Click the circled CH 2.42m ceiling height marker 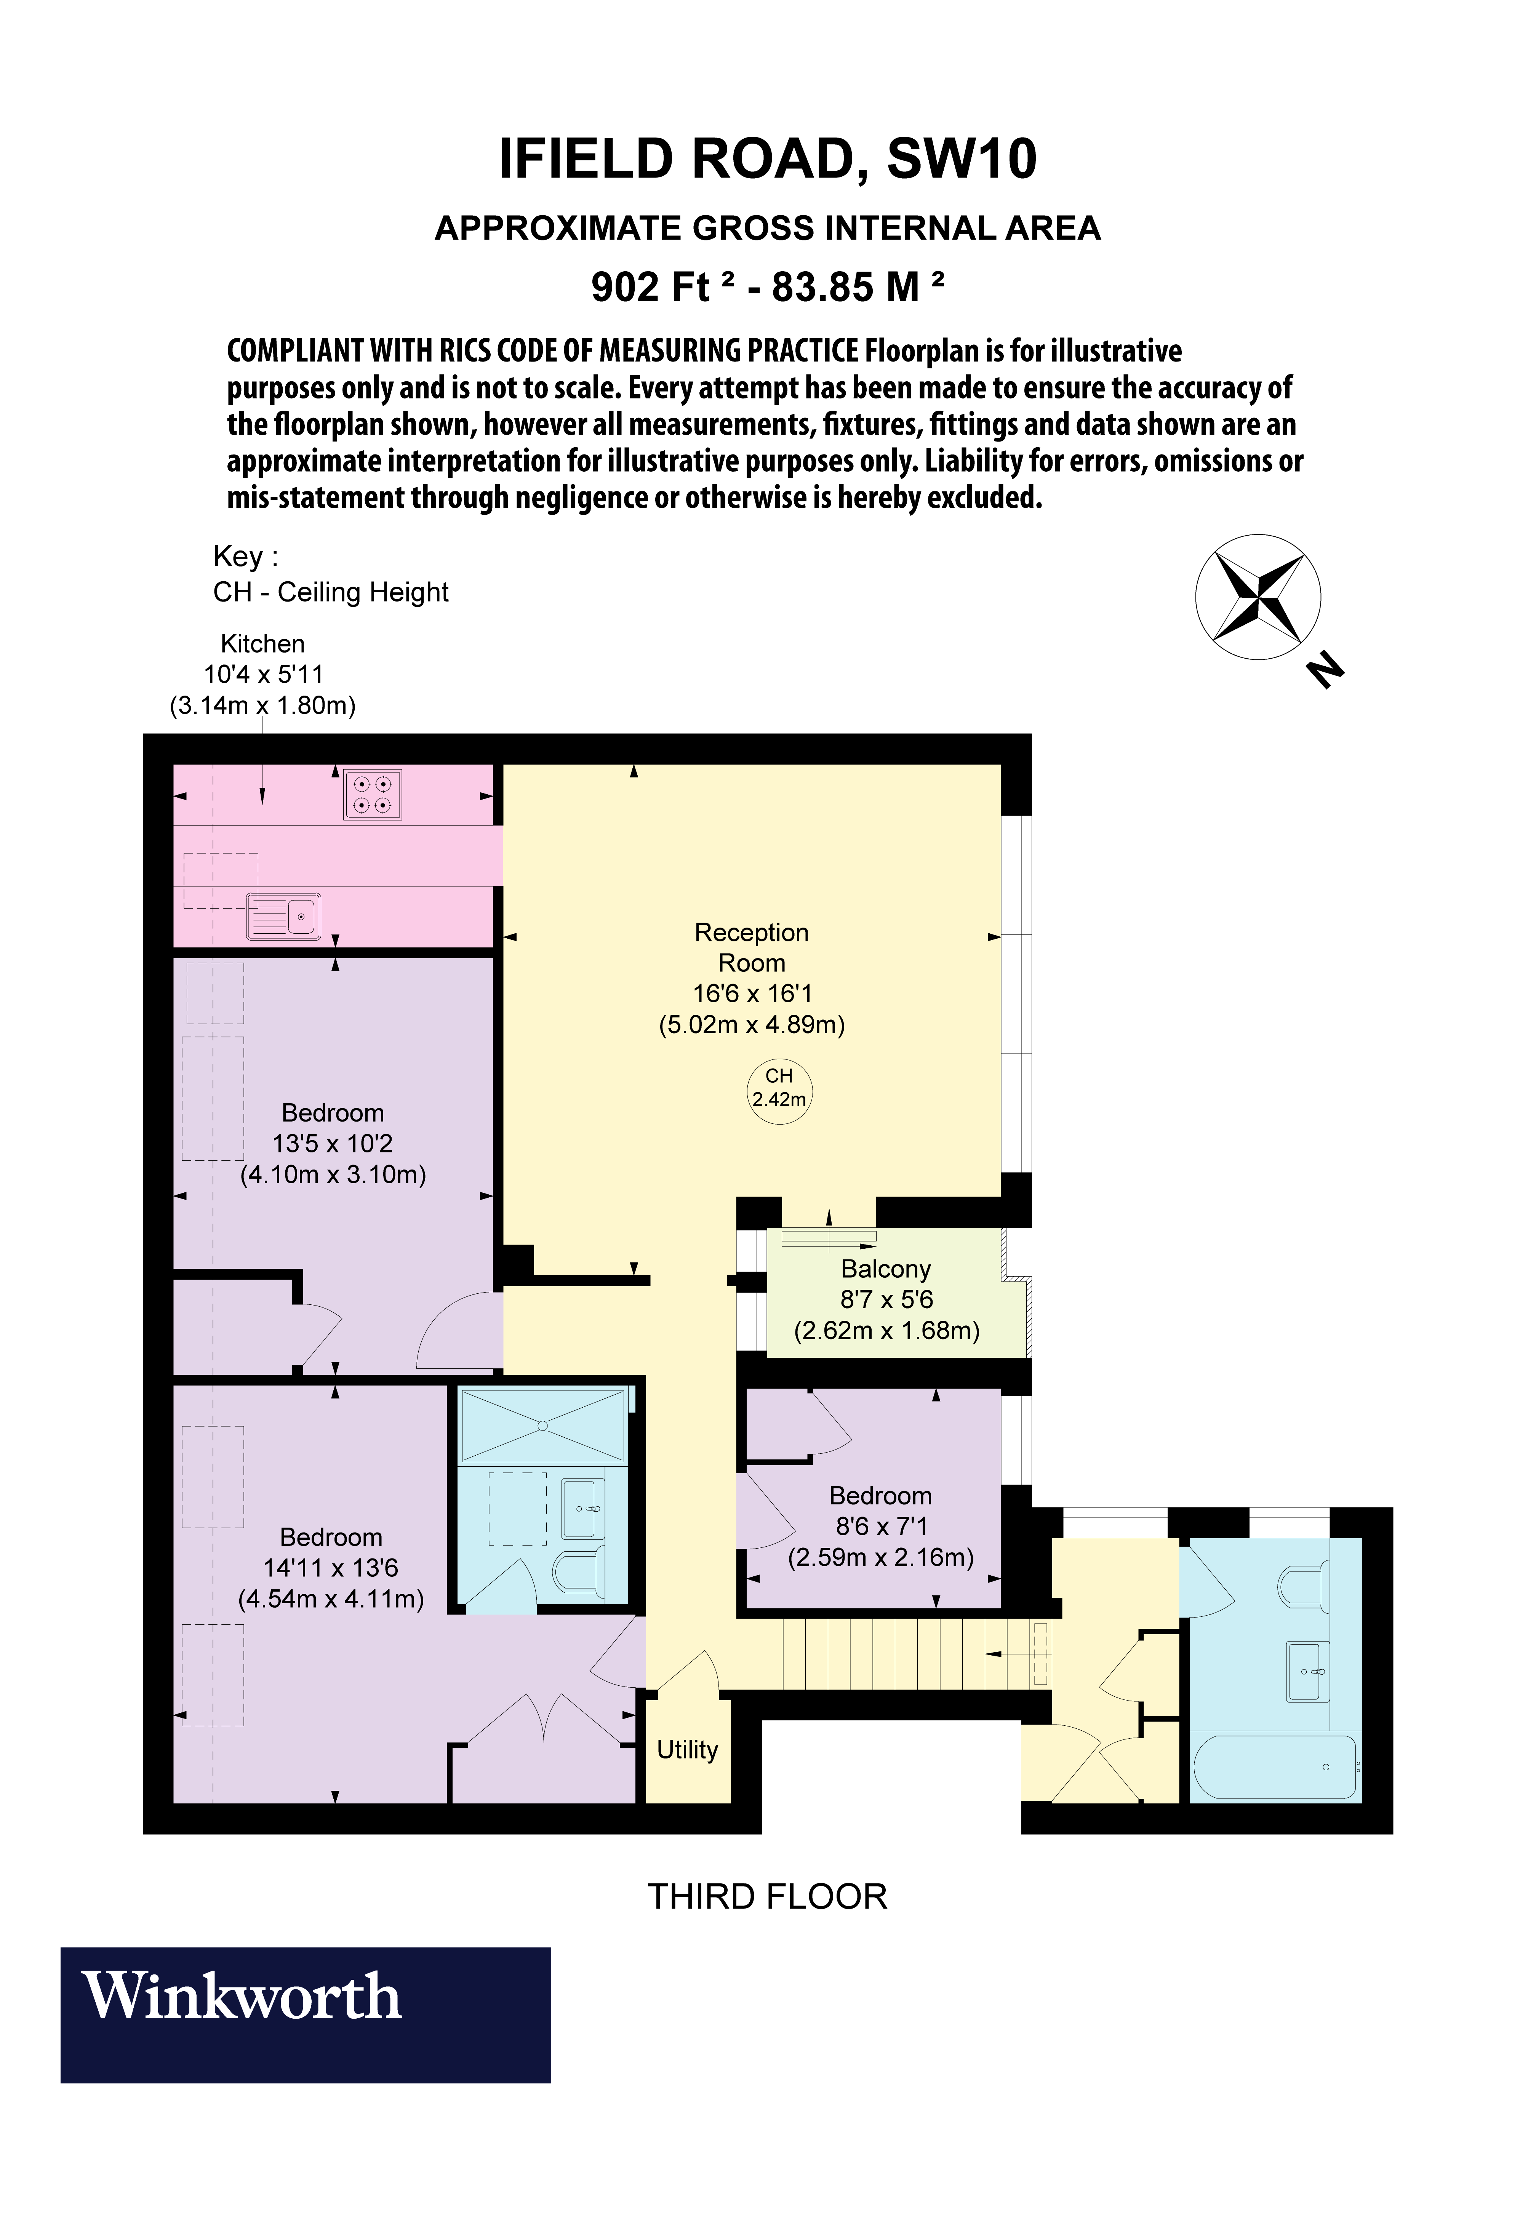pos(779,1087)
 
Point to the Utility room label pos(687,1749)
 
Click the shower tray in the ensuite pos(542,1426)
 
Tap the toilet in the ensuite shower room pos(579,1572)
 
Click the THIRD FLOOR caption pos(767,1897)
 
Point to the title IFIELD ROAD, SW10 pos(767,159)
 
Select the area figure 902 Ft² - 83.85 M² pos(767,286)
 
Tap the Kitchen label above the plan pos(262,644)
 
